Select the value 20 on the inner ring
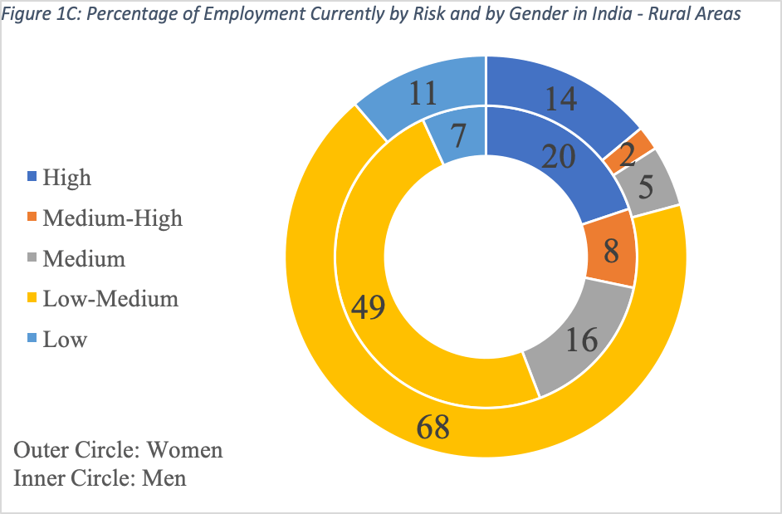pos(558,155)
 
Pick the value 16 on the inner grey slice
pos(580,339)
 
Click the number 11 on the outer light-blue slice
pos(423,93)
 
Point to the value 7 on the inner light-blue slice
pos(458,132)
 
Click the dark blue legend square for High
pos(32,177)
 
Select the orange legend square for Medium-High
pos(32,218)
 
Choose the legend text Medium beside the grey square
pos(84,258)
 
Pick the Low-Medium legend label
pos(110,298)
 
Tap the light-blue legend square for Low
pos(32,339)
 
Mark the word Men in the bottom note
pos(166,477)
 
